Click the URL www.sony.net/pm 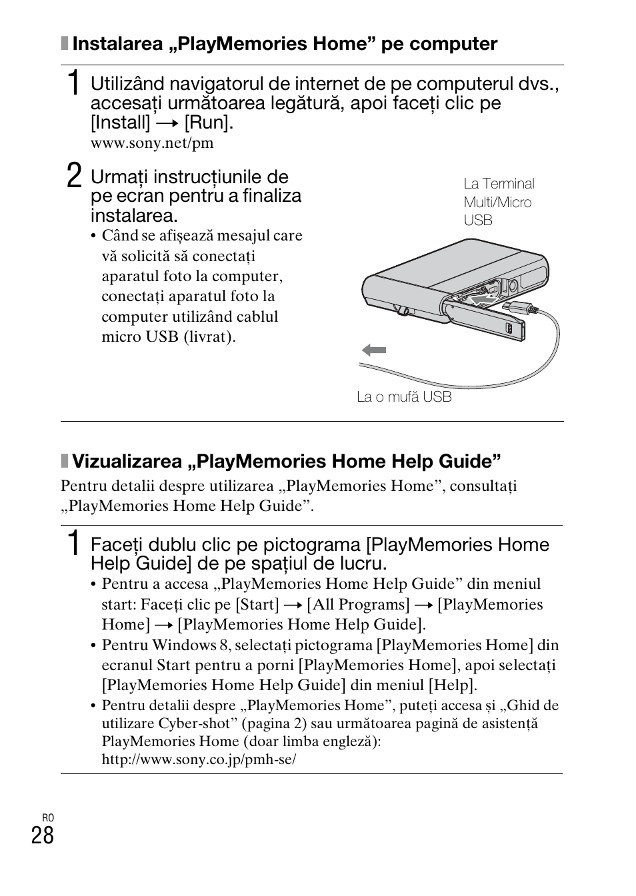tap(152, 143)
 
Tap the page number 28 tap(43, 835)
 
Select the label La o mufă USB tap(404, 397)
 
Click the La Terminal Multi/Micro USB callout tap(499, 202)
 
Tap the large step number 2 tap(75, 178)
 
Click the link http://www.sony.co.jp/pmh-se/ tap(199, 759)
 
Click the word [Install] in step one tap(121, 123)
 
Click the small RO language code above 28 tap(47, 818)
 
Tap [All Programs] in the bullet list tap(358, 604)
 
